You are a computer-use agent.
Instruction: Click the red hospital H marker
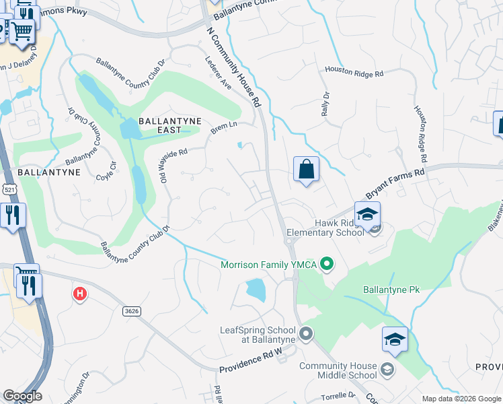click(x=80, y=294)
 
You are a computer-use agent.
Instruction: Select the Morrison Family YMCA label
click(x=269, y=265)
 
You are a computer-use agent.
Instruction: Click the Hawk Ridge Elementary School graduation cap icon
click(x=367, y=215)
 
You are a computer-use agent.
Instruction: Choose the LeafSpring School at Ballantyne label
click(x=258, y=335)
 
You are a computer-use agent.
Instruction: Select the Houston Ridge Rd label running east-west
click(x=354, y=70)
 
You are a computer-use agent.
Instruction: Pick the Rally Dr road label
click(x=327, y=104)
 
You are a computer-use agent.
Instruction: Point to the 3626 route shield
click(x=132, y=310)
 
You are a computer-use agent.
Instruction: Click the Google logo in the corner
click(x=22, y=396)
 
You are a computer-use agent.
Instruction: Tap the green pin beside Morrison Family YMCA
click(x=327, y=264)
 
